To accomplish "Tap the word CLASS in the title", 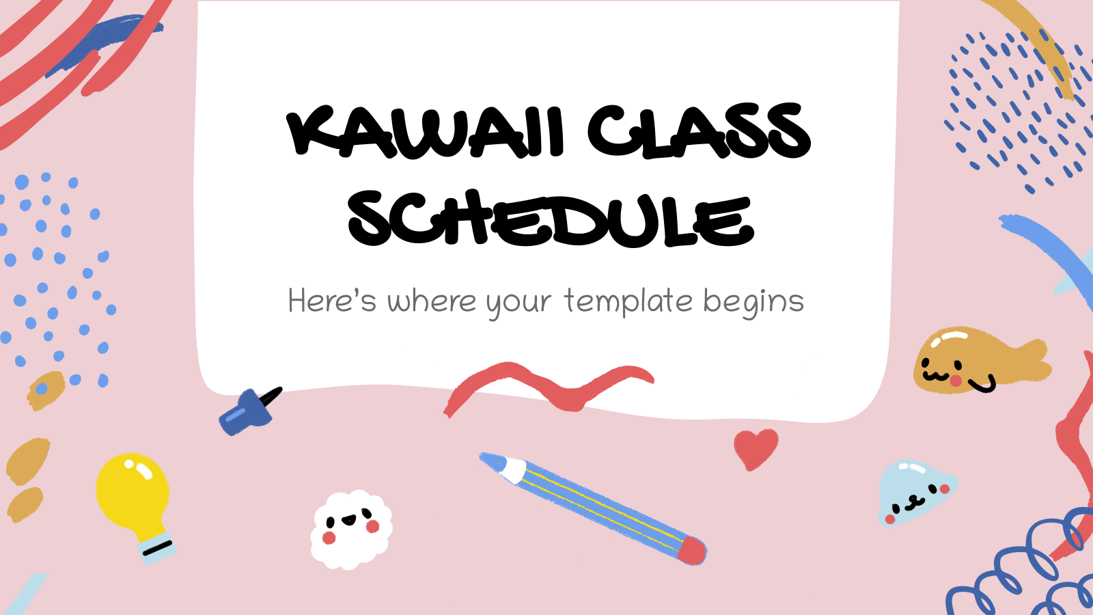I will pyautogui.click(x=698, y=132).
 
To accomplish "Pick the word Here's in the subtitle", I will pyautogui.click(x=332, y=301).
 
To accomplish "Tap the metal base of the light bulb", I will pyautogui.click(x=156, y=547).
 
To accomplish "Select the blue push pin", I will pyautogui.click(x=243, y=412).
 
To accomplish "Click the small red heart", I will pyautogui.click(x=755, y=448).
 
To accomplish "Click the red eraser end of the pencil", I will pyautogui.click(x=692, y=550).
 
